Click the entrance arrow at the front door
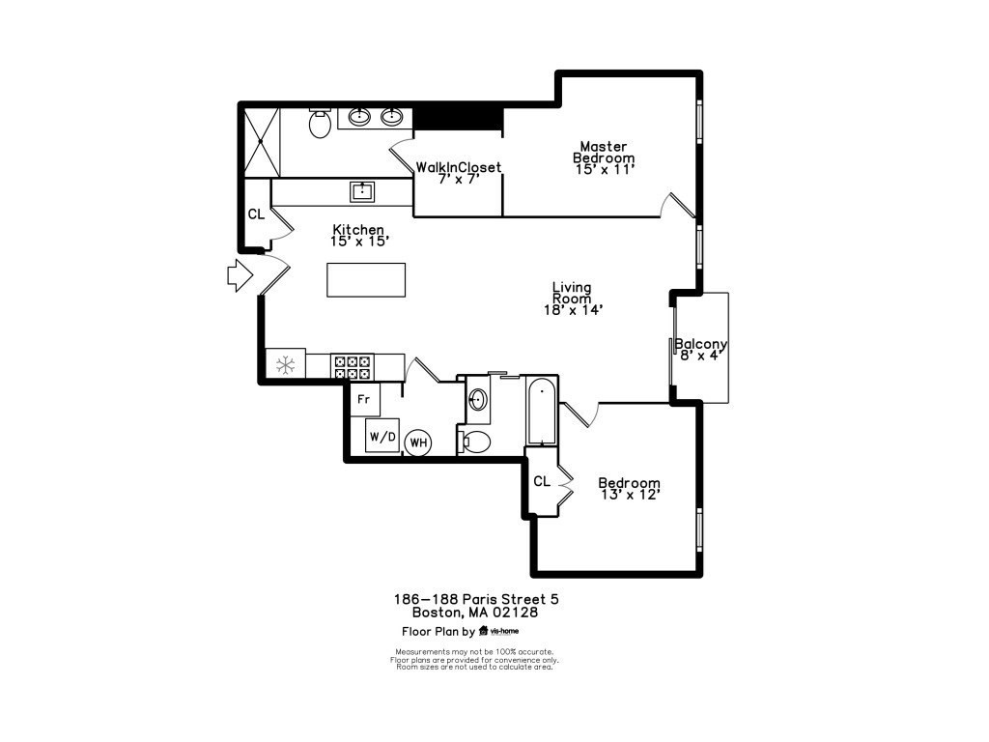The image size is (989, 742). pyautogui.click(x=240, y=275)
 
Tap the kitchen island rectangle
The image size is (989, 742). pyautogui.click(x=366, y=279)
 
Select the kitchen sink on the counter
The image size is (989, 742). pyautogui.click(x=362, y=192)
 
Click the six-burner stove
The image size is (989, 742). pyautogui.click(x=352, y=367)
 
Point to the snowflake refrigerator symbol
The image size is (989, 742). pyautogui.click(x=286, y=364)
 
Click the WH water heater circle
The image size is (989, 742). pyautogui.click(x=419, y=442)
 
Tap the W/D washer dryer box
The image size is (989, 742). pyautogui.click(x=382, y=436)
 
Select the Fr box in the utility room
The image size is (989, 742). pyautogui.click(x=364, y=399)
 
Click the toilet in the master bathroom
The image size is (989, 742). pyautogui.click(x=320, y=123)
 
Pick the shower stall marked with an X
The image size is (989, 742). pyautogui.click(x=261, y=143)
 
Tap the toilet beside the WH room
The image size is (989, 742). pyautogui.click(x=476, y=442)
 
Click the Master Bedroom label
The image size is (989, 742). pyautogui.click(x=604, y=152)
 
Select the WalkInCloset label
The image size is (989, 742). pyautogui.click(x=459, y=167)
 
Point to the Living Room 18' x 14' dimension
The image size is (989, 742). pyautogui.click(x=574, y=310)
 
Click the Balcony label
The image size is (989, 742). pyautogui.click(x=701, y=344)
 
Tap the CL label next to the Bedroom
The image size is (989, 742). pyautogui.click(x=542, y=481)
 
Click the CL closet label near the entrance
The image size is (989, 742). pyautogui.click(x=256, y=214)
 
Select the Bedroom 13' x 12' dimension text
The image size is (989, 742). pyautogui.click(x=630, y=495)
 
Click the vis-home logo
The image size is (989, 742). pyautogui.click(x=499, y=630)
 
